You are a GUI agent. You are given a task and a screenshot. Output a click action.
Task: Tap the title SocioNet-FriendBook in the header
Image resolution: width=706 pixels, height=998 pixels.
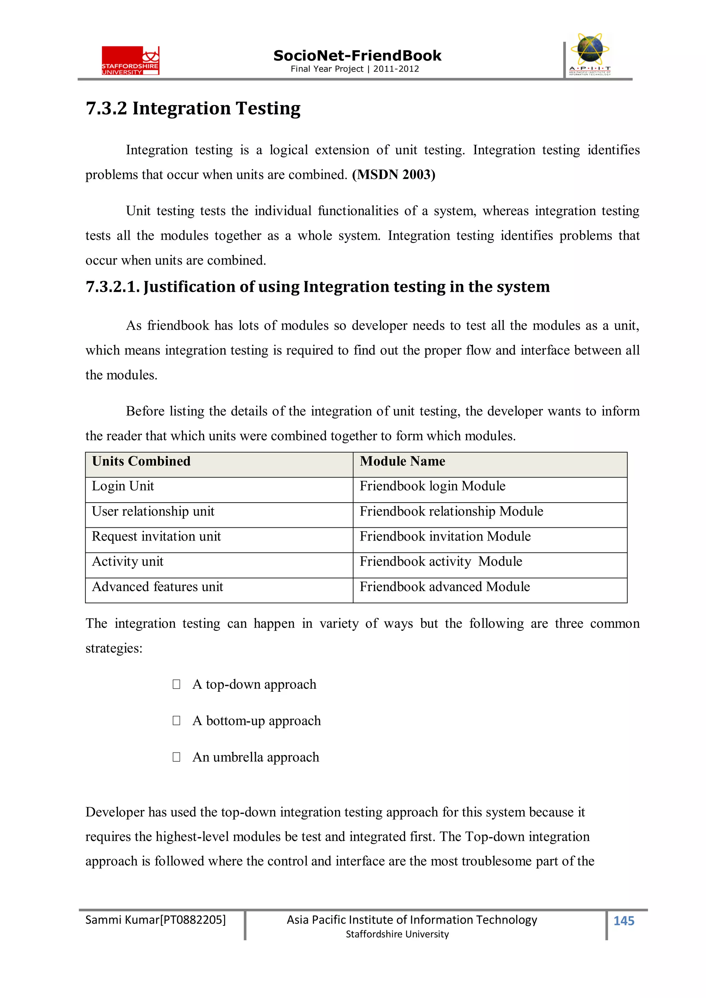(357, 56)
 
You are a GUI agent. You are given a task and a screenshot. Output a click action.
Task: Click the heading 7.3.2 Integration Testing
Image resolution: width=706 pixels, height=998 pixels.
(193, 108)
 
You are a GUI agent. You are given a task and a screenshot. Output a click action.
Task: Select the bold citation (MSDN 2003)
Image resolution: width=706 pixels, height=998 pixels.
(393, 175)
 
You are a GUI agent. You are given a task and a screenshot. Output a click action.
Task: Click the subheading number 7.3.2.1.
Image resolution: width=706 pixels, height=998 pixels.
(112, 287)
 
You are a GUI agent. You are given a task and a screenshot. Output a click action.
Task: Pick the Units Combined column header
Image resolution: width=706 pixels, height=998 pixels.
(141, 461)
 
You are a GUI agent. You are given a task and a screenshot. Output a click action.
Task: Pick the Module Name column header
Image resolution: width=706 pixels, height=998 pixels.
(402, 461)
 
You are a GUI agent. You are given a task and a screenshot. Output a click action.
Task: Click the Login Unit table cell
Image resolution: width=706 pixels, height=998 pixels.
(123, 486)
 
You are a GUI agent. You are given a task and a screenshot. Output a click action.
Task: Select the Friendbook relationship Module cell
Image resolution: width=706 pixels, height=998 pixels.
(451, 511)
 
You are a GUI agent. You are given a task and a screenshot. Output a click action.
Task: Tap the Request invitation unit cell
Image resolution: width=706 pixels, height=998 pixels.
(156, 536)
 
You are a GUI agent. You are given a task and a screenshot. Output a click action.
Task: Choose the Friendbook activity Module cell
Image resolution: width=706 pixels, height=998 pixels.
(440, 562)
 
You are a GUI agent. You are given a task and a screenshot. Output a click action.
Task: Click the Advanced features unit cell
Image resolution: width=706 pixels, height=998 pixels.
(157, 587)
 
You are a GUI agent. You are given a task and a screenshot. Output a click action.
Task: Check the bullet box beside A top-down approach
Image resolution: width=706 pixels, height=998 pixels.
(176, 684)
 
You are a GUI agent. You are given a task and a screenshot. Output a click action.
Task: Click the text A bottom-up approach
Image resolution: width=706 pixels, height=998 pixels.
(256, 721)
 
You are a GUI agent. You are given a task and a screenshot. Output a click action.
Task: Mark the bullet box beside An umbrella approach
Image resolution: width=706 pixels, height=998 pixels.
(176, 757)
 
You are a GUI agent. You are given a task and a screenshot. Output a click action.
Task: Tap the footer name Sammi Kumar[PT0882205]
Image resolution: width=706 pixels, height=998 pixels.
(155, 920)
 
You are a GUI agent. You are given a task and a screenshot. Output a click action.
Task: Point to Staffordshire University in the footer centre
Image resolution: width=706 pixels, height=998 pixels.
(397, 934)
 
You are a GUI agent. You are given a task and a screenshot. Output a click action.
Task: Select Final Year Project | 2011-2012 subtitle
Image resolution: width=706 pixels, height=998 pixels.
(354, 69)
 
